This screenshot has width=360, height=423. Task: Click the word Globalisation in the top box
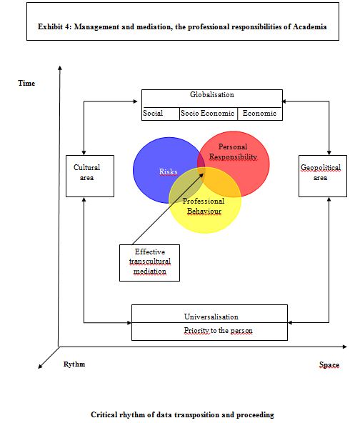coord(212,95)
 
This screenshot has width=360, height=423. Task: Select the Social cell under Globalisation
coord(161,114)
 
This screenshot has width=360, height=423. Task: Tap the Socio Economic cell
coord(208,114)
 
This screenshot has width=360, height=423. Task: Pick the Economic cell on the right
coord(260,114)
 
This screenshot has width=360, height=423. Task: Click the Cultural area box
coord(90,176)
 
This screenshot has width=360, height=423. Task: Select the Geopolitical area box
coord(323,176)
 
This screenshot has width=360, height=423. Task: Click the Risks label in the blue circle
coord(169,171)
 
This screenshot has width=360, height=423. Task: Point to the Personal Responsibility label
coord(233,151)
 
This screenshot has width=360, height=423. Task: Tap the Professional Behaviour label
coord(204,206)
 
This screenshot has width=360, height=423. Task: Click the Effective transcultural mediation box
coord(150,263)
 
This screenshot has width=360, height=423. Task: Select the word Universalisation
coord(211,317)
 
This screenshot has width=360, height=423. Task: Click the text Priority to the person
coord(218,330)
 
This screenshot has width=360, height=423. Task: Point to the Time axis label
coord(26,83)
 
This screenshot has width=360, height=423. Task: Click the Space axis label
coord(329,364)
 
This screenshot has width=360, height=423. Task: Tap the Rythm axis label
coord(74,364)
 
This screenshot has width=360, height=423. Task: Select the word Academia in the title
coord(309,26)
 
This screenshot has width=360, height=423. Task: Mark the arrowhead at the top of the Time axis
coord(60,67)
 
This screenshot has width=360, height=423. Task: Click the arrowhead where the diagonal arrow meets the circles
coord(201,175)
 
